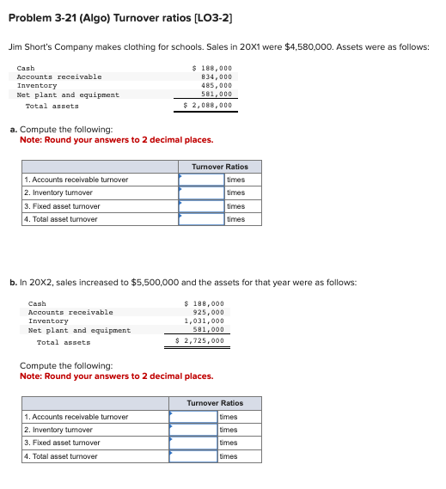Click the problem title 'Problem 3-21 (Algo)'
click(x=64, y=18)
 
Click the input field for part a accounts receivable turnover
click(x=201, y=180)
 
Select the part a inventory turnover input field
click(x=201, y=193)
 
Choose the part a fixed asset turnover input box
click(x=201, y=206)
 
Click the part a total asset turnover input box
click(x=201, y=219)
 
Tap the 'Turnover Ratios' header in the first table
click(x=219, y=167)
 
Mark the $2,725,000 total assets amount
click(x=200, y=341)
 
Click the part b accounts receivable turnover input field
click(x=193, y=417)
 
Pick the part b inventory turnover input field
click(x=193, y=430)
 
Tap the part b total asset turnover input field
click(x=193, y=456)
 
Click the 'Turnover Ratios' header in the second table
click(x=215, y=403)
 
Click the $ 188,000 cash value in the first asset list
click(x=212, y=67)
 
